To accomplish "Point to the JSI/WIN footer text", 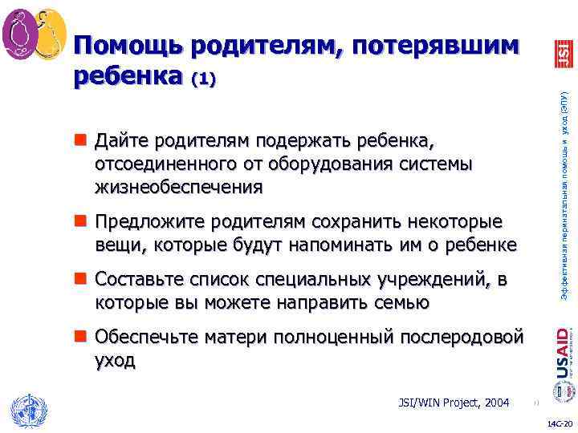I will [439, 402].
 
